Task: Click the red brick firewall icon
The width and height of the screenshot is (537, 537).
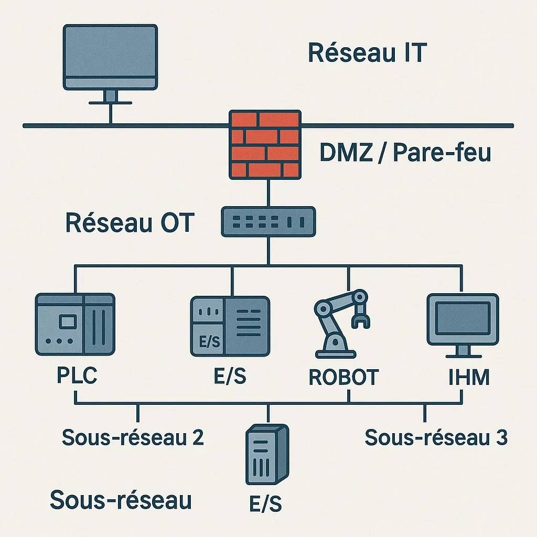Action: tap(266, 144)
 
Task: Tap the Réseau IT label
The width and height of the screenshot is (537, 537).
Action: tap(367, 53)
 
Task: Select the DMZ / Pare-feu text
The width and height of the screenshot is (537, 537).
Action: tap(405, 153)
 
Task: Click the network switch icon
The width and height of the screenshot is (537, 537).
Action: tap(268, 222)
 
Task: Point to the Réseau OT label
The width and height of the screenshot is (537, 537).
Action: tap(130, 223)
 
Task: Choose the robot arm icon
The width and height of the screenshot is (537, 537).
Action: tap(338, 326)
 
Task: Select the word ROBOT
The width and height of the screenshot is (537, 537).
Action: tap(343, 377)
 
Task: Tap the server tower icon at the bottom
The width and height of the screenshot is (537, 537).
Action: tap(267, 455)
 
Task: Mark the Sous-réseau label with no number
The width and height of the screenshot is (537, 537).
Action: tap(121, 500)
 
